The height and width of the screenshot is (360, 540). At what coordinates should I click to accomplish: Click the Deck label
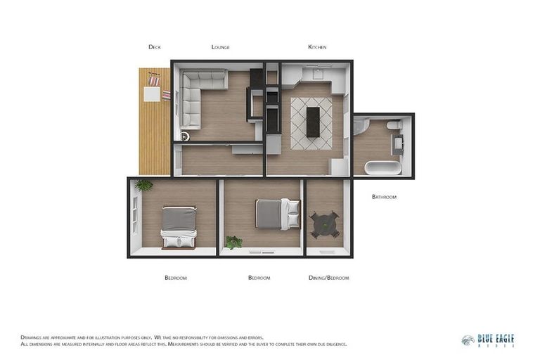point(155,47)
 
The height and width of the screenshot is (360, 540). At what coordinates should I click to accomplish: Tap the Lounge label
point(220,47)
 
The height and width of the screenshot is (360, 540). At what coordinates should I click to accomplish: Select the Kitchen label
point(317,47)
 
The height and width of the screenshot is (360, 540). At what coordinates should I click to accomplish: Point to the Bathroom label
point(384,197)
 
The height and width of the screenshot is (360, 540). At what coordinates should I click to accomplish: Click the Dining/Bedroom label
point(328,278)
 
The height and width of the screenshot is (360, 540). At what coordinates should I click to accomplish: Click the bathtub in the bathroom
point(383,167)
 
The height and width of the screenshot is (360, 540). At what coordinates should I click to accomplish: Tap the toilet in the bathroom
point(394,125)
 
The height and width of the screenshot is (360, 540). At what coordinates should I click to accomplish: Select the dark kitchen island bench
point(313,122)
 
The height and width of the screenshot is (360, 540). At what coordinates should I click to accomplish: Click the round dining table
point(325,224)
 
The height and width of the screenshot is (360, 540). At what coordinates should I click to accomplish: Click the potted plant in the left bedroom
point(144,185)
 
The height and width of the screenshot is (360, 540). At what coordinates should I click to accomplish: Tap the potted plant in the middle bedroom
point(233,243)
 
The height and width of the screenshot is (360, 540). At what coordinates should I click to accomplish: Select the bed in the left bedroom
point(179,226)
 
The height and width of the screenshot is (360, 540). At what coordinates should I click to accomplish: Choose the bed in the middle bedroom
point(277,214)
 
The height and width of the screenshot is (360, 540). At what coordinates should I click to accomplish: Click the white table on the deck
point(153,94)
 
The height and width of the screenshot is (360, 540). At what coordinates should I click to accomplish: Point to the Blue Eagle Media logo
point(487,340)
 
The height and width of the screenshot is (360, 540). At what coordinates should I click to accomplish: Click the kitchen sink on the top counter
point(318,72)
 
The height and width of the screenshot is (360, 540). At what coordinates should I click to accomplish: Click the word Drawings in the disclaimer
point(32,337)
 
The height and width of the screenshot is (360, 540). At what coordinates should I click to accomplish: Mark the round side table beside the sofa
point(185,136)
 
